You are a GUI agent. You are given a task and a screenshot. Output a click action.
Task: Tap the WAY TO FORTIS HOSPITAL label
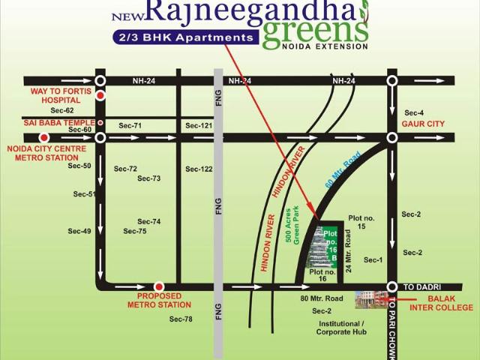60,95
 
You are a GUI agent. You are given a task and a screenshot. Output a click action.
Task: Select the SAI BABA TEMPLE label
59,121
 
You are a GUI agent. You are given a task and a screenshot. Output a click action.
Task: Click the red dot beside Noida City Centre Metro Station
44,137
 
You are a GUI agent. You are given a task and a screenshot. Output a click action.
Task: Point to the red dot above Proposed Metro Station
159,286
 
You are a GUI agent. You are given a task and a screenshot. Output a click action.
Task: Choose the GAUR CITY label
423,124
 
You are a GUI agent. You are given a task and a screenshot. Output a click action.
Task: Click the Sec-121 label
199,125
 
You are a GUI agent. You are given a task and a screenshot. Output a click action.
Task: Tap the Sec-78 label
181,319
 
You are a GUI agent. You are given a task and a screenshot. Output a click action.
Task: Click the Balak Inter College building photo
370,299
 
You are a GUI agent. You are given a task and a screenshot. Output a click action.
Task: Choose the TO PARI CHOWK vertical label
391,328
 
